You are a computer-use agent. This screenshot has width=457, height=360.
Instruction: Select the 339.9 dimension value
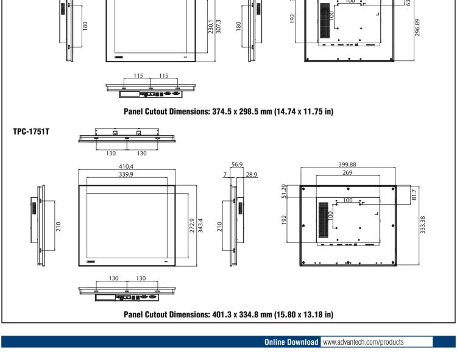[127, 174]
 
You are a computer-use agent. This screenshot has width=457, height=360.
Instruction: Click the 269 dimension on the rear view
[348, 173]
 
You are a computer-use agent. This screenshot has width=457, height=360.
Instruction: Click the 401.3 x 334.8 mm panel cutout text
[228, 314]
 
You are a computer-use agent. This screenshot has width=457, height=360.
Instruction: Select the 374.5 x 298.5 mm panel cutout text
[228, 111]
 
